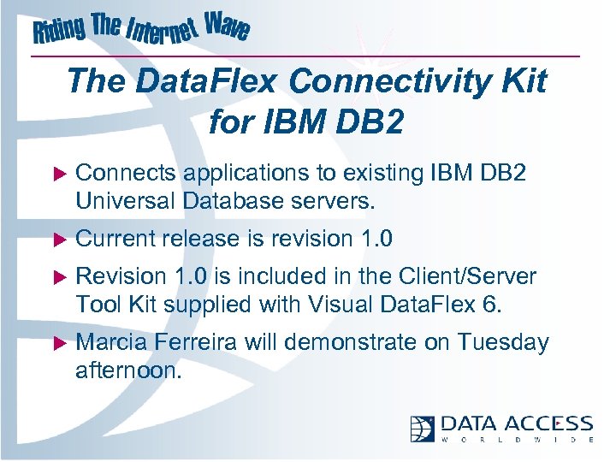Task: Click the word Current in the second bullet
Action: (113, 238)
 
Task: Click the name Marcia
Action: (112, 342)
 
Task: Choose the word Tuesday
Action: (502, 342)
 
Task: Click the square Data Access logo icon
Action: (423, 428)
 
